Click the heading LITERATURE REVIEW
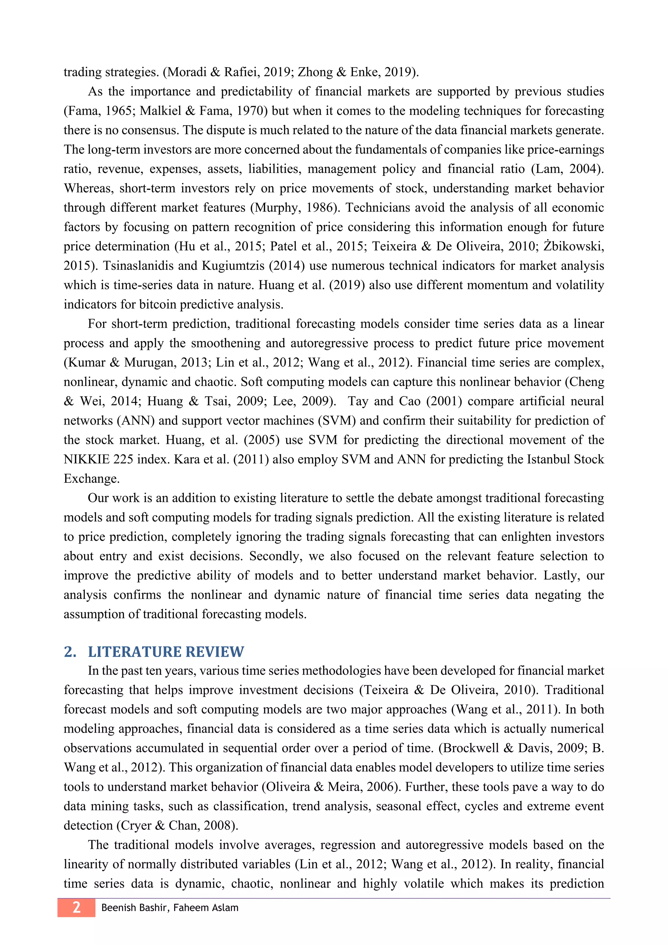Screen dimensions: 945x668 click(166, 652)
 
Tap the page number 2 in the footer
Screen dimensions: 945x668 click(77, 907)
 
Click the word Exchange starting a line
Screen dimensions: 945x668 click(91, 479)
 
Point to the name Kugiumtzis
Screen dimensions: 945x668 click(233, 266)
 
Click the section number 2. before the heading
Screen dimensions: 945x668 click(70, 652)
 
